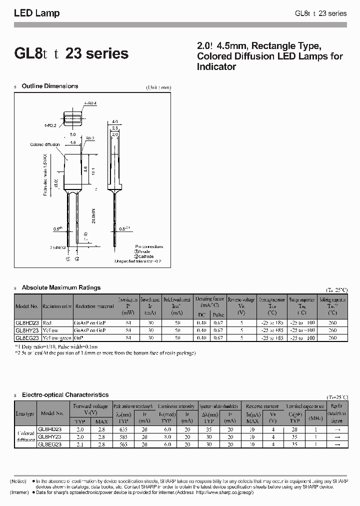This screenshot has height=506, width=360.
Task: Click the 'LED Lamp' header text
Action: (36, 13)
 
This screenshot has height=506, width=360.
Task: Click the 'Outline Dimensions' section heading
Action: (50, 86)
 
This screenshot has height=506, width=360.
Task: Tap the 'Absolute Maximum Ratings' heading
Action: (61, 287)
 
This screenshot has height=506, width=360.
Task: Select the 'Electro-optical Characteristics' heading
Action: (65, 395)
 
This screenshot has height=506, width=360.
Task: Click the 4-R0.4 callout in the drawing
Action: (91, 103)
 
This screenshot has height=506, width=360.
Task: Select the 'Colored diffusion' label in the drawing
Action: (45, 144)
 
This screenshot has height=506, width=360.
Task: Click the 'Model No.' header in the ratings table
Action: (27, 306)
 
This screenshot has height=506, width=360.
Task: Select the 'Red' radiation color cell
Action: (47, 323)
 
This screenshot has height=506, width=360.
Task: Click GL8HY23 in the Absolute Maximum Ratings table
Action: (27, 330)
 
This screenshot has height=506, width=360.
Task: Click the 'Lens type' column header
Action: (25, 413)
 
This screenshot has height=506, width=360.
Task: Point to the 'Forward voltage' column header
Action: (90, 406)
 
